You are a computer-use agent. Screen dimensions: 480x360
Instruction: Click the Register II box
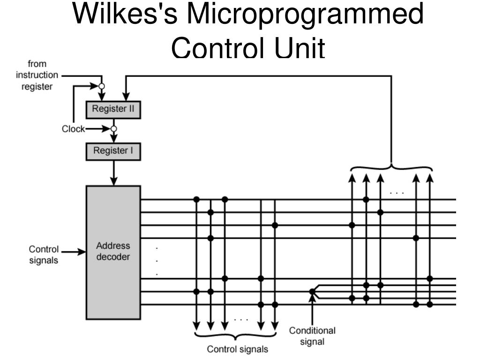[x=113, y=110]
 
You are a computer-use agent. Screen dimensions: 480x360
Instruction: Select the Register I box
[x=113, y=151]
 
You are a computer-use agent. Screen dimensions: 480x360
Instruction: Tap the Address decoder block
[x=113, y=252]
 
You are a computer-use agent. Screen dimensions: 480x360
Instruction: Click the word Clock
[x=73, y=129]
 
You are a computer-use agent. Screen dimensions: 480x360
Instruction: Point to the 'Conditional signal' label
[x=312, y=336]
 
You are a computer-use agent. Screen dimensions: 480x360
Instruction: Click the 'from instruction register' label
[x=37, y=75]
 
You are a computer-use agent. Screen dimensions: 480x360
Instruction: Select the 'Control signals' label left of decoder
[x=44, y=255]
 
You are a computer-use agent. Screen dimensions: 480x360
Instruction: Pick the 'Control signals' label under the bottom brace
[x=238, y=349]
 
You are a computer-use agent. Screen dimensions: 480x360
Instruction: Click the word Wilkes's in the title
[x=125, y=14]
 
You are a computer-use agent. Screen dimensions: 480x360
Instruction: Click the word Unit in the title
[x=300, y=47]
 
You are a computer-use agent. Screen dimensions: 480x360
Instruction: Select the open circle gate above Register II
[x=102, y=86]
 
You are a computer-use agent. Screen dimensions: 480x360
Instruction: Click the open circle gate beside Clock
[x=113, y=129]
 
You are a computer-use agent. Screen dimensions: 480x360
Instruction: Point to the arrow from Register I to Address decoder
[x=113, y=173]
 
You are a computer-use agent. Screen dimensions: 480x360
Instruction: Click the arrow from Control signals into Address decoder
[x=74, y=252]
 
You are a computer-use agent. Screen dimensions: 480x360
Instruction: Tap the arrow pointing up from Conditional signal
[x=312, y=309]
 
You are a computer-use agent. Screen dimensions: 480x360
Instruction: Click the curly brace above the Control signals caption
[x=235, y=336]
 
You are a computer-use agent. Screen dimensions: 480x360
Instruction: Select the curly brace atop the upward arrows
[x=391, y=168]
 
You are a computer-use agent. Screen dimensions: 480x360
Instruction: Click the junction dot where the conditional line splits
[x=312, y=292]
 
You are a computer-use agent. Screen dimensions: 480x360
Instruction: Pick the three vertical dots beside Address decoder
[x=157, y=261]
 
